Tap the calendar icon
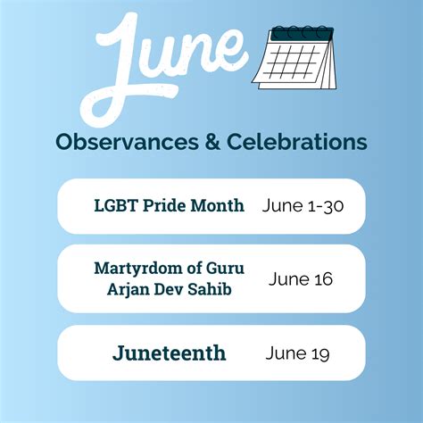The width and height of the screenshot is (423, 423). pyautogui.click(x=294, y=58)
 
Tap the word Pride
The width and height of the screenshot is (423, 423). pyautogui.click(x=159, y=205)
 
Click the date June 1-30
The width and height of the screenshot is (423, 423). pyautogui.click(x=303, y=205)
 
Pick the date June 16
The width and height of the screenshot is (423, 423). pyautogui.click(x=300, y=278)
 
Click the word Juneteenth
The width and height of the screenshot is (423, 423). pyautogui.click(x=169, y=352)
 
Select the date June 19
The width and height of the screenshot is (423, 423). pyautogui.click(x=297, y=352)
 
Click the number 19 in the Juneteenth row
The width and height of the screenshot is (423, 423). pyautogui.click(x=319, y=352)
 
